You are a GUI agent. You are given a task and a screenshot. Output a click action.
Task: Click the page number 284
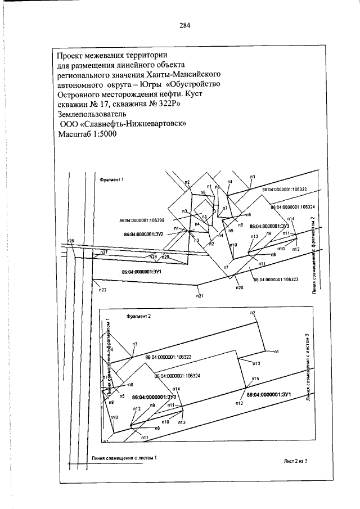coord(186,25)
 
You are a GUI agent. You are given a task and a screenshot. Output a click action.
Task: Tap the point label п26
coord(71,241)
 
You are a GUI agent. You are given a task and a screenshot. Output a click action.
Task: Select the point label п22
coord(103,290)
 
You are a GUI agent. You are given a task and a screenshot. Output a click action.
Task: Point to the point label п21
coord(199,295)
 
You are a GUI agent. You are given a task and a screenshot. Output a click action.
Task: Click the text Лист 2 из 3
coord(298,461)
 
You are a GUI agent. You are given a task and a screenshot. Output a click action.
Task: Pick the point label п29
coord(150,257)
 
